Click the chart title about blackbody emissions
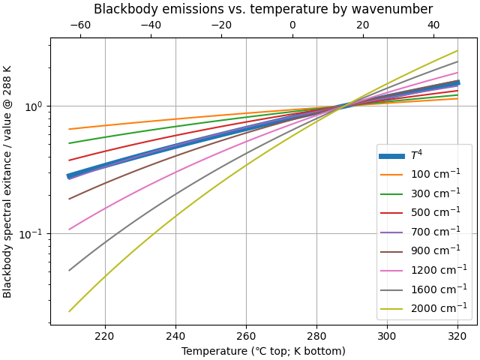pos(263,9)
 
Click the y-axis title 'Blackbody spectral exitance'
pos(7,181)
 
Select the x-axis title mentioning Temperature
pos(263,351)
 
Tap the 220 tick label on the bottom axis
pos(105,336)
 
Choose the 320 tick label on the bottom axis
pos(457,336)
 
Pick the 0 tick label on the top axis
pos(292,25)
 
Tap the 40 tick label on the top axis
pos(433,25)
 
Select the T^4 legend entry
pos(416,155)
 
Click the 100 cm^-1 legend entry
pos(435,174)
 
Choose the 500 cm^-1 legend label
pos(435,212)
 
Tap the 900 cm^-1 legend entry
pos(435,250)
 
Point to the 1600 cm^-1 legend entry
pos(438,289)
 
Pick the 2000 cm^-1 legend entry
pos(438,307)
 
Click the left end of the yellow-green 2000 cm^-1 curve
pos(69,311)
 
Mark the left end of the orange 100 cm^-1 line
pos(69,129)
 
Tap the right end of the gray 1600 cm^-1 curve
pos(458,61)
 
